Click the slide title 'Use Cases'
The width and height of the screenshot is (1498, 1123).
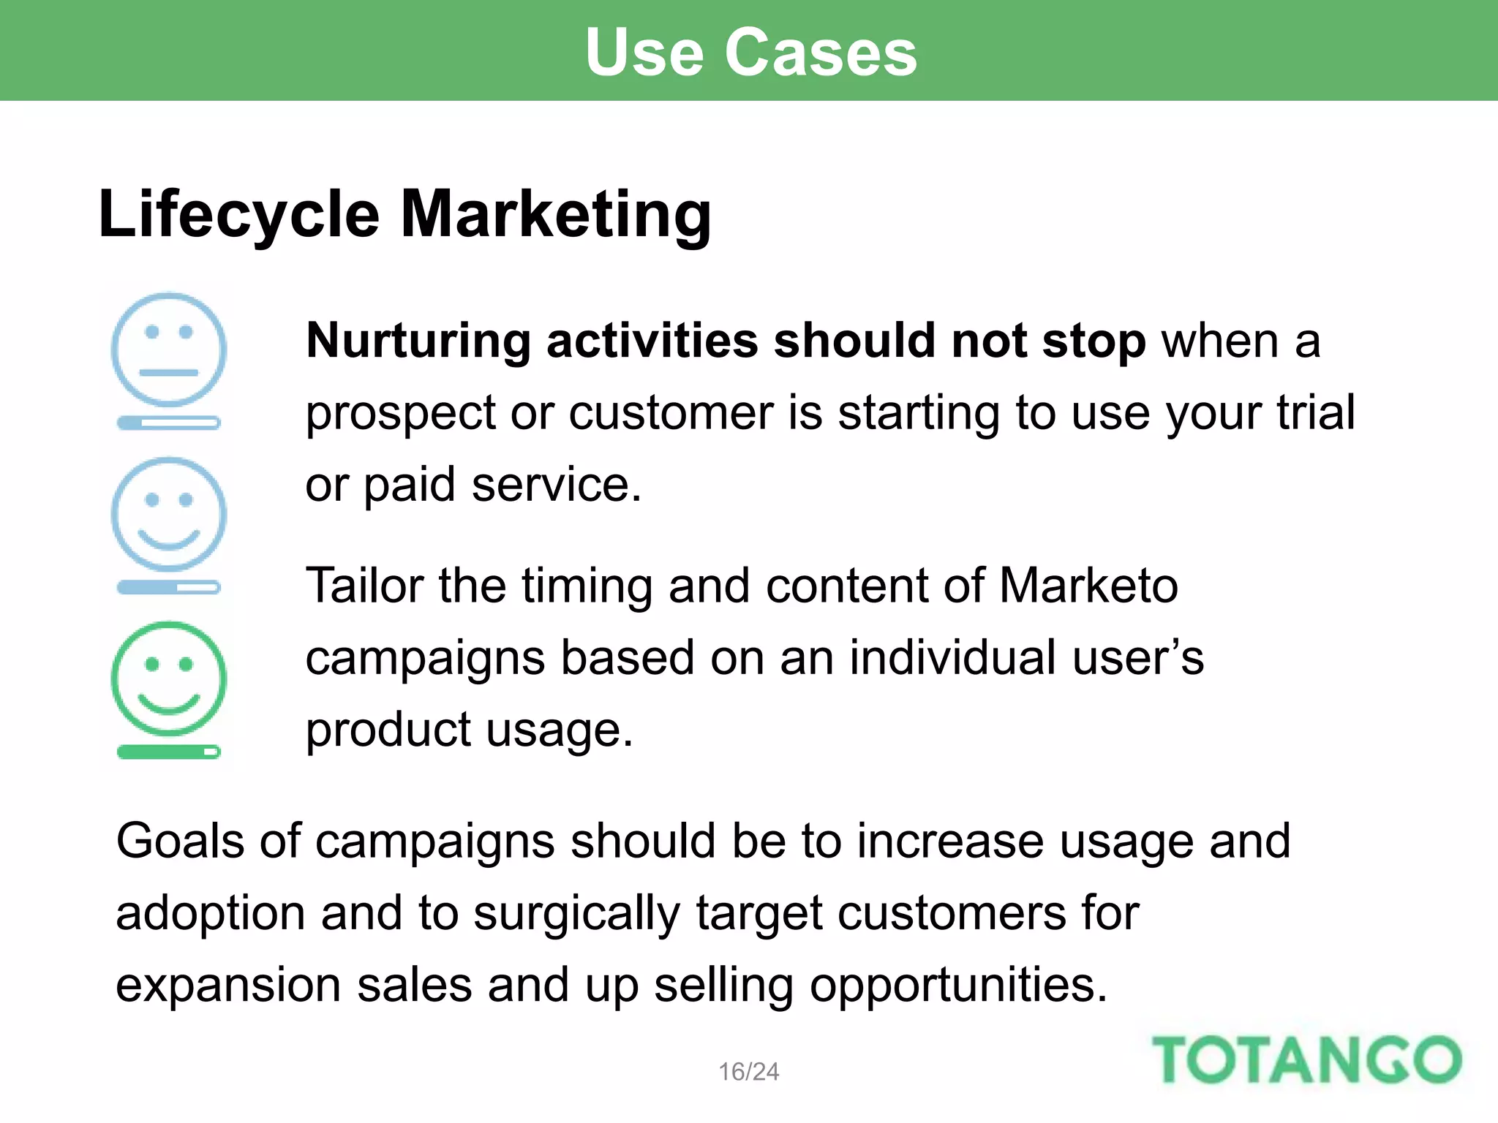point(750,53)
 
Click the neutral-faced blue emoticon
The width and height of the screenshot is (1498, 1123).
point(169,349)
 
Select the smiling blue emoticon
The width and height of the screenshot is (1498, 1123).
point(169,514)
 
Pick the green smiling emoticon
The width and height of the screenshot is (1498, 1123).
point(169,678)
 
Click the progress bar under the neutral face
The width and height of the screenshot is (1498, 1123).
point(169,423)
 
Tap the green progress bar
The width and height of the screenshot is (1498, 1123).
point(169,752)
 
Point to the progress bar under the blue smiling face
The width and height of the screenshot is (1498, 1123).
point(169,587)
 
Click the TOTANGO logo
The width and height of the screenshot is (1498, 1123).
point(1306,1059)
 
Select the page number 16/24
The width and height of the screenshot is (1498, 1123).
point(748,1072)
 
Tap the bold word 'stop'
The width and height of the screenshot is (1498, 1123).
point(1094,342)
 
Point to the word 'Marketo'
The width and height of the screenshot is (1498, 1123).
point(1088,586)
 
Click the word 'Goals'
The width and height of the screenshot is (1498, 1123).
point(180,841)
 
